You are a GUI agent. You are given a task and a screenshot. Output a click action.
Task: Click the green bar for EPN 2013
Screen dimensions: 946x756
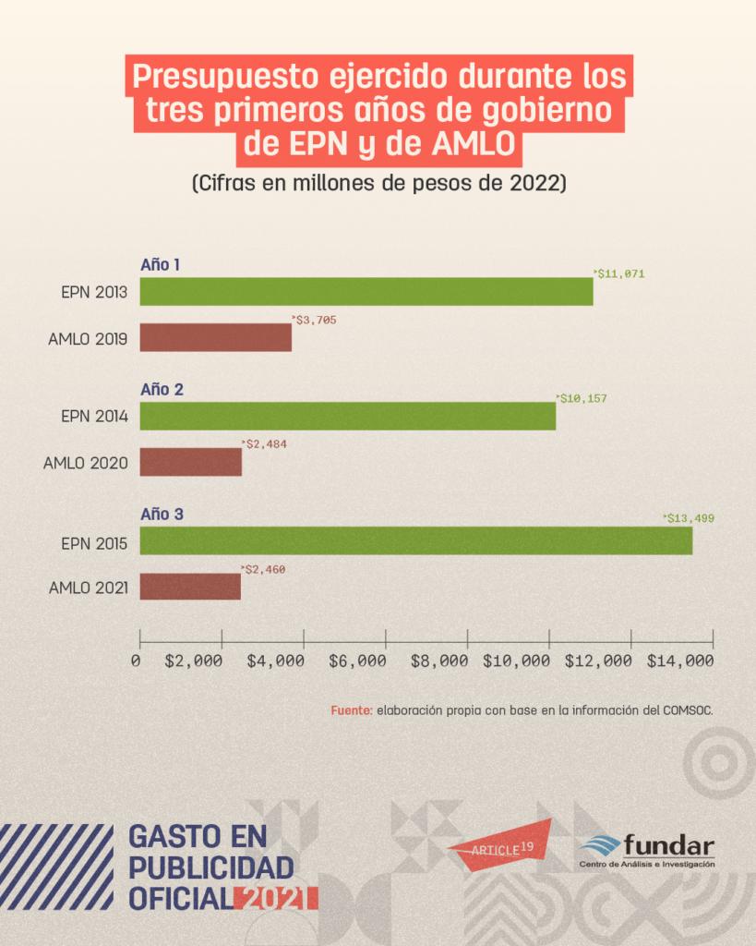tap(366, 291)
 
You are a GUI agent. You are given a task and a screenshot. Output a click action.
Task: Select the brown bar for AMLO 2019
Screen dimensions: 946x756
tap(215, 337)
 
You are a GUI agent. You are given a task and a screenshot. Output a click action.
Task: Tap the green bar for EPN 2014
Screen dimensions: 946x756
tap(347, 416)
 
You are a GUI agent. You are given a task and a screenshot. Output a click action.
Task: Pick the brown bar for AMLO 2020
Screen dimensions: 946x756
tap(190, 462)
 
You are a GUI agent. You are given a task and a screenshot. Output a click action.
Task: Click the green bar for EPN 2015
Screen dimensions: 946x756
tap(415, 540)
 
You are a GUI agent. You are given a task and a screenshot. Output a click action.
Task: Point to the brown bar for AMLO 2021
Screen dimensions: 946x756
tap(189, 587)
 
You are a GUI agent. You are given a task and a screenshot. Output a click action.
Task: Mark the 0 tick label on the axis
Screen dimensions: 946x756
tap(136, 661)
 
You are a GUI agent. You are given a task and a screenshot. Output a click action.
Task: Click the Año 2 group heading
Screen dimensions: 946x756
tap(162, 389)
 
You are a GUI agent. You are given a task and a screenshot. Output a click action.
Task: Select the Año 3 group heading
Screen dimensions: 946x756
tap(162, 514)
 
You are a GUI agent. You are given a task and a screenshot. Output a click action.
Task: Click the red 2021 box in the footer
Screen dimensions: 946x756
tap(276, 897)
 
